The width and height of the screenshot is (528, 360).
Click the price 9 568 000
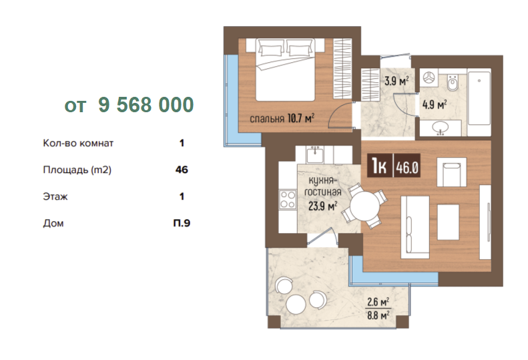tap(146, 104)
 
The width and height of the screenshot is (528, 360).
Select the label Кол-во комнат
tap(78, 143)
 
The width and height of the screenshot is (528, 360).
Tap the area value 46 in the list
tap(182, 170)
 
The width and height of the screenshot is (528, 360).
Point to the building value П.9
tap(182, 223)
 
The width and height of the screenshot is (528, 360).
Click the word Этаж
tap(55, 196)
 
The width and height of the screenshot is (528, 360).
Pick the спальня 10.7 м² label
tap(282, 118)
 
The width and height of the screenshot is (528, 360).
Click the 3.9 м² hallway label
tap(397, 81)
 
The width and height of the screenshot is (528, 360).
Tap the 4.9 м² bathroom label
tap(435, 104)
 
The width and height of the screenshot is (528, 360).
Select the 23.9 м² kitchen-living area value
tap(323, 206)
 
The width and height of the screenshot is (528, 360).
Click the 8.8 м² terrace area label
tap(378, 316)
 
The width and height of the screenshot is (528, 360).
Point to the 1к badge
tap(380, 166)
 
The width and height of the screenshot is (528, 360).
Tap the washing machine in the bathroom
tap(429, 79)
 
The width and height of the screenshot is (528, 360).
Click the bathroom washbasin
tap(441, 128)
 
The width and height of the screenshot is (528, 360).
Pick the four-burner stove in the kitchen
tap(288, 199)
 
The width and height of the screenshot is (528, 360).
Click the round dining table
tap(365, 206)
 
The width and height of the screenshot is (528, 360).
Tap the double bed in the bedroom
tap(285, 69)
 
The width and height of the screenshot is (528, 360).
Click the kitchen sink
tap(315, 155)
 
